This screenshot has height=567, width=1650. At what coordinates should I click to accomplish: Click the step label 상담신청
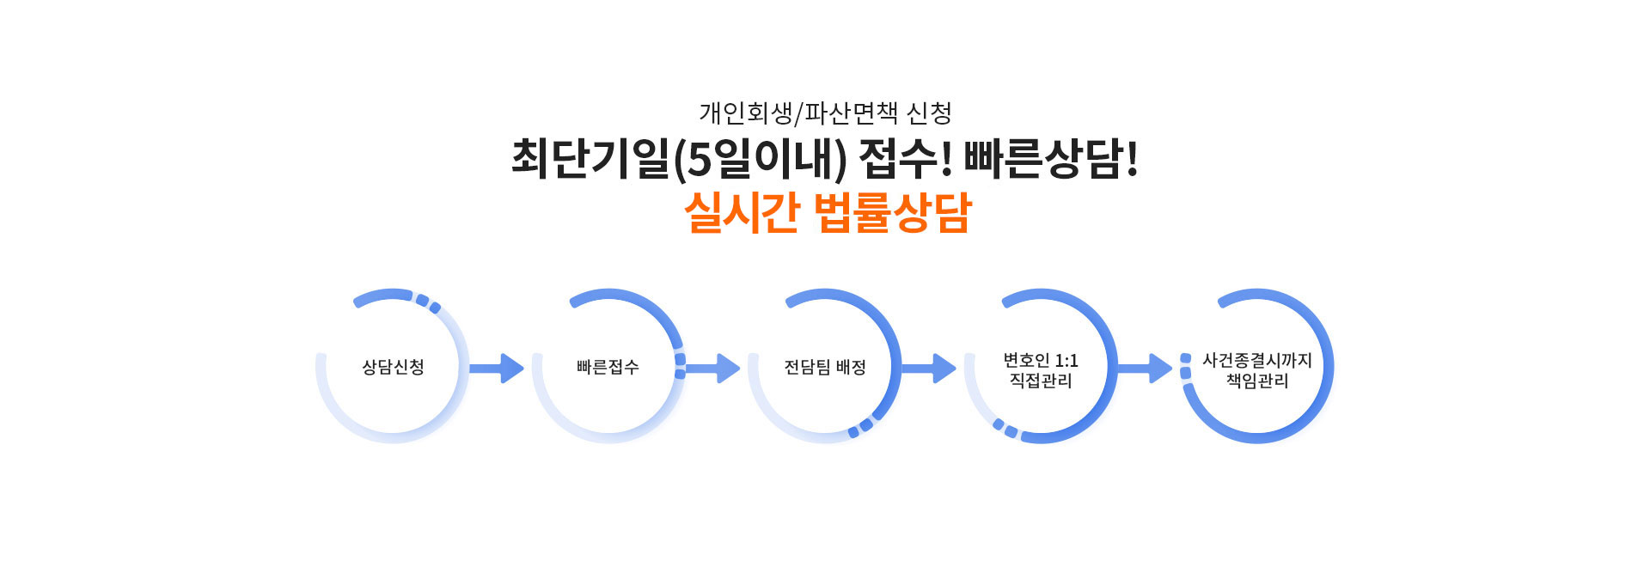(393, 367)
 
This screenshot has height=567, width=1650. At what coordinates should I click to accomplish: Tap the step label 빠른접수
(608, 367)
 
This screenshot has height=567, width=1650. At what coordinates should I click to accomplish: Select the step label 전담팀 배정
(824, 367)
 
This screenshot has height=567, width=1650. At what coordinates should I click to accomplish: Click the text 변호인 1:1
(1040, 360)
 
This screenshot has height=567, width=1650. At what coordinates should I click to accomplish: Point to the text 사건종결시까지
(1256, 360)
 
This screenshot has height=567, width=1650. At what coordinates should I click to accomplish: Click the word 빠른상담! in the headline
(1050, 159)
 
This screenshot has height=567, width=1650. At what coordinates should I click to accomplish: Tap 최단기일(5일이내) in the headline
(679, 159)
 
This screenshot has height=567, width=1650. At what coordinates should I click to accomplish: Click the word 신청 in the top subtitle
(929, 113)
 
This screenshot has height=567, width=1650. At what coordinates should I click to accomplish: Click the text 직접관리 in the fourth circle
(1040, 381)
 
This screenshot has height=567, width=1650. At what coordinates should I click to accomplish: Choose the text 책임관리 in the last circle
(1256, 381)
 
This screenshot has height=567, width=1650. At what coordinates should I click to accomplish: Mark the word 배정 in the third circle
(851, 367)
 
